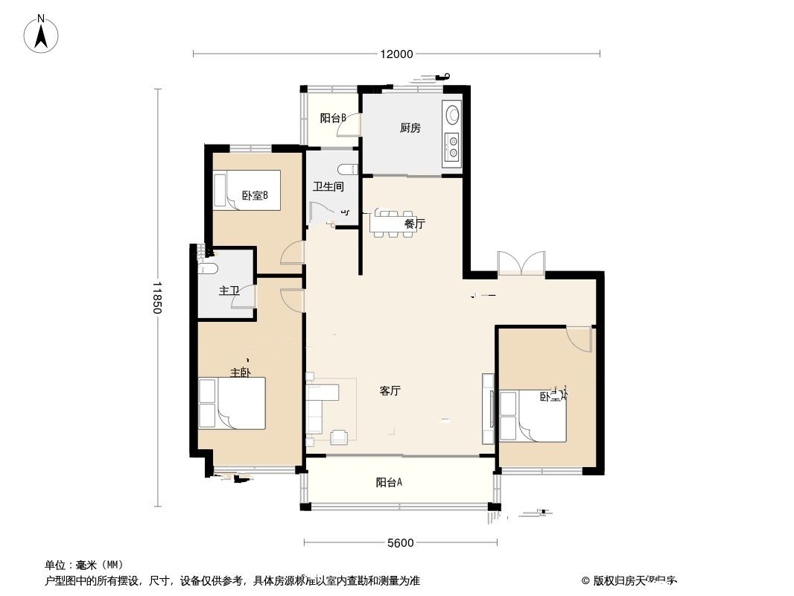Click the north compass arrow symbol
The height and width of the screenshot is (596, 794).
pos(42,34)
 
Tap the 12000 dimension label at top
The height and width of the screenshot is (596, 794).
pos(396,54)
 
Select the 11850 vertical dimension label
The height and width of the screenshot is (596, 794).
pos(156,297)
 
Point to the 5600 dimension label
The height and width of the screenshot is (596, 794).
pos(400,542)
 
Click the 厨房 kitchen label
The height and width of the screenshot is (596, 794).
pos(410,128)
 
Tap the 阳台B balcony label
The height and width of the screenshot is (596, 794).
pos(332,118)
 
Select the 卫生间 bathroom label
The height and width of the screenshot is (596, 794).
pos(328,187)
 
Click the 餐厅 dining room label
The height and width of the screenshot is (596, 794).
pos(414,223)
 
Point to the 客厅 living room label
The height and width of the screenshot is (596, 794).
pos(390,390)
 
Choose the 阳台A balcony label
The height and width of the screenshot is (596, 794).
pos(389,482)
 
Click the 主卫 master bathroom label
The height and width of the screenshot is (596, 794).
pos(229,291)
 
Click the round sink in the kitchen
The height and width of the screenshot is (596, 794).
pos(452,115)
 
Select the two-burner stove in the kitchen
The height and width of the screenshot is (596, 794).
pos(451,146)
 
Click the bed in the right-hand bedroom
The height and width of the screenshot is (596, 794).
pos(533,415)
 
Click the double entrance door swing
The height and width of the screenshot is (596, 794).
pos(521,264)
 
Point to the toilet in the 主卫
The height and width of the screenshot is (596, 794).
pos(207,268)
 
